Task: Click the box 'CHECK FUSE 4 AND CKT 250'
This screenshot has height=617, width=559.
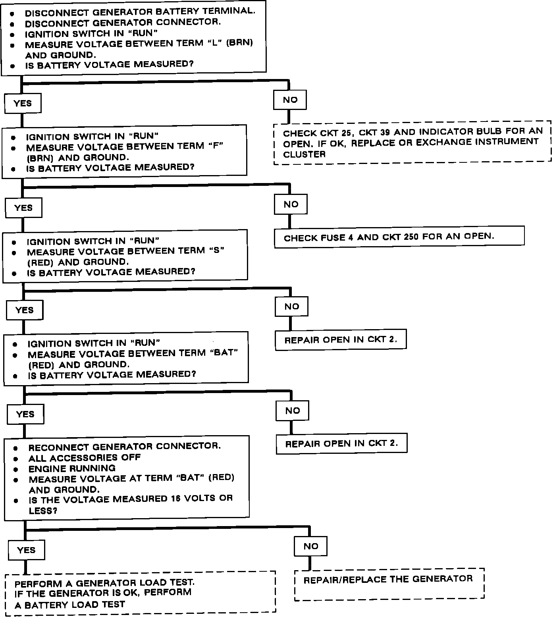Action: [x=399, y=237]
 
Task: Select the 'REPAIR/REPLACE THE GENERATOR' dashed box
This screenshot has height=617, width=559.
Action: [x=389, y=583]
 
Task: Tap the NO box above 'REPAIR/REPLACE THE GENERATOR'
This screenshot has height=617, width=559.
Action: [x=310, y=546]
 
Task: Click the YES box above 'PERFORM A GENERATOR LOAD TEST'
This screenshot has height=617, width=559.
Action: [x=27, y=550]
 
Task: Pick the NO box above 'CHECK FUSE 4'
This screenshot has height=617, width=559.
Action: [x=291, y=204]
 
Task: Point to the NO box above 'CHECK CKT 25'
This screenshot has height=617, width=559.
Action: [x=290, y=100]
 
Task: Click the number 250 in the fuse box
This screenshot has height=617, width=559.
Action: [x=411, y=237]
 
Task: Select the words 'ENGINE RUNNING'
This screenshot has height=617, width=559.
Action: [x=72, y=468]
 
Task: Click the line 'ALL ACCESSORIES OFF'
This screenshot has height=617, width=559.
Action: [x=85, y=457]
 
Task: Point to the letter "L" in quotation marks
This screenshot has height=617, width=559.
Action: [x=214, y=42]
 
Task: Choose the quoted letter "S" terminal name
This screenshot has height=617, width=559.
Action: [x=216, y=251]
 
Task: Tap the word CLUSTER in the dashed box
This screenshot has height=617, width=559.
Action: [x=304, y=154]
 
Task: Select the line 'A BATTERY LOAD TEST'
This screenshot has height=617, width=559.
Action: [x=70, y=605]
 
